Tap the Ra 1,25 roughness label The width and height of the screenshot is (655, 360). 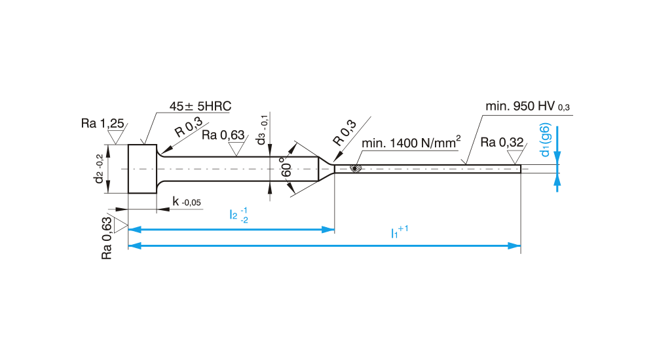click(x=103, y=123)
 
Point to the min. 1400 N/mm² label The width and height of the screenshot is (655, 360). click(x=411, y=143)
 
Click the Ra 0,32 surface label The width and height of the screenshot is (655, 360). click(x=504, y=142)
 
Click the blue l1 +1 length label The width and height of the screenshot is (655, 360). click(x=399, y=232)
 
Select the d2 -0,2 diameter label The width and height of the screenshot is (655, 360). click(x=99, y=169)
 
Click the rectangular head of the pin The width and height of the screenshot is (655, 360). click(x=142, y=169)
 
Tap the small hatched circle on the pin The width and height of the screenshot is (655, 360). click(x=356, y=168)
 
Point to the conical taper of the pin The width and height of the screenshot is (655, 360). click(x=326, y=169)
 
